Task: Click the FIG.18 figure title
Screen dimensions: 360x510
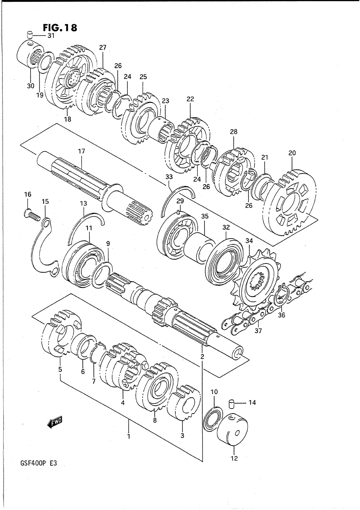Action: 60,28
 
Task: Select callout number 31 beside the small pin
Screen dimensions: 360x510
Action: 51,36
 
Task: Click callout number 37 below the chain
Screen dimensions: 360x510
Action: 258,331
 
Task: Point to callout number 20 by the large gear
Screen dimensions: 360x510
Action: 292,153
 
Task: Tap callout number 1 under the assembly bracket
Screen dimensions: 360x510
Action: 129,436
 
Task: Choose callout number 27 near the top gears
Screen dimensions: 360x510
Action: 103,48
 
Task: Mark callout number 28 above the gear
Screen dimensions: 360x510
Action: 234,132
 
